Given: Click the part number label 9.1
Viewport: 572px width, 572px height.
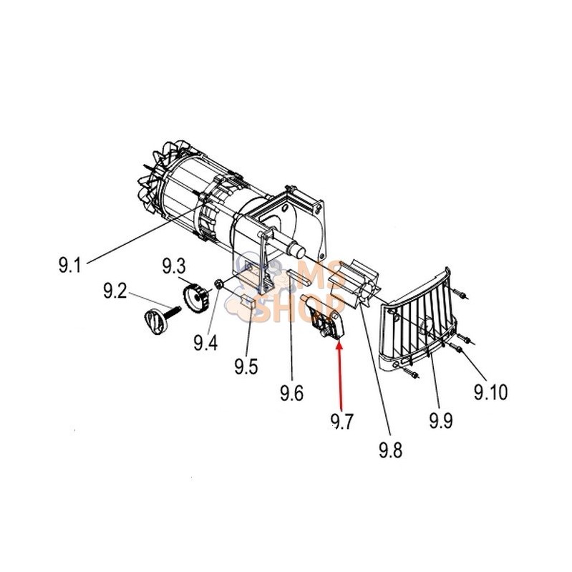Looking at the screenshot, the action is tap(70, 265).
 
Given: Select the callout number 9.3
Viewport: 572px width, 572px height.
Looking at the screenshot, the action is tap(174, 266).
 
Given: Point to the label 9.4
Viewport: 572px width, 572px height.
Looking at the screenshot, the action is tap(205, 342).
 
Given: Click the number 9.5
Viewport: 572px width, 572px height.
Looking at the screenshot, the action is tap(246, 367).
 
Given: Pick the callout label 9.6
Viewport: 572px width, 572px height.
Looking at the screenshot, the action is tap(292, 393).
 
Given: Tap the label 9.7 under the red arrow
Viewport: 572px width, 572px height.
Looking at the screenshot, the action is tap(342, 422).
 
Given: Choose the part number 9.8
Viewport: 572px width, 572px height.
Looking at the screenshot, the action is tap(391, 450).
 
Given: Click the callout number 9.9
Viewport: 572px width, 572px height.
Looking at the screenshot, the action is tap(441, 421).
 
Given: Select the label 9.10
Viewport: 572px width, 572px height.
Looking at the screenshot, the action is tap(490, 392).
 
